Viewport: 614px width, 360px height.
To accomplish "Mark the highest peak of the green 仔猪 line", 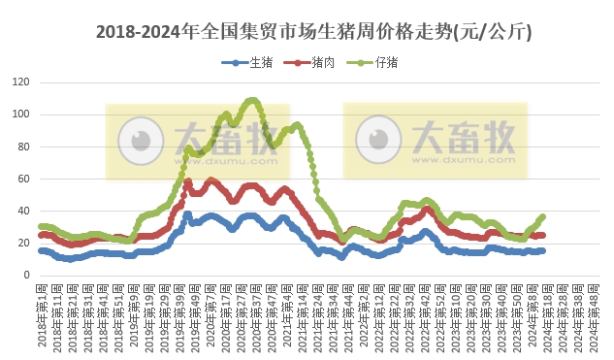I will (252, 100).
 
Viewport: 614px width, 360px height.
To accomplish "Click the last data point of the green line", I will (542, 216).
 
